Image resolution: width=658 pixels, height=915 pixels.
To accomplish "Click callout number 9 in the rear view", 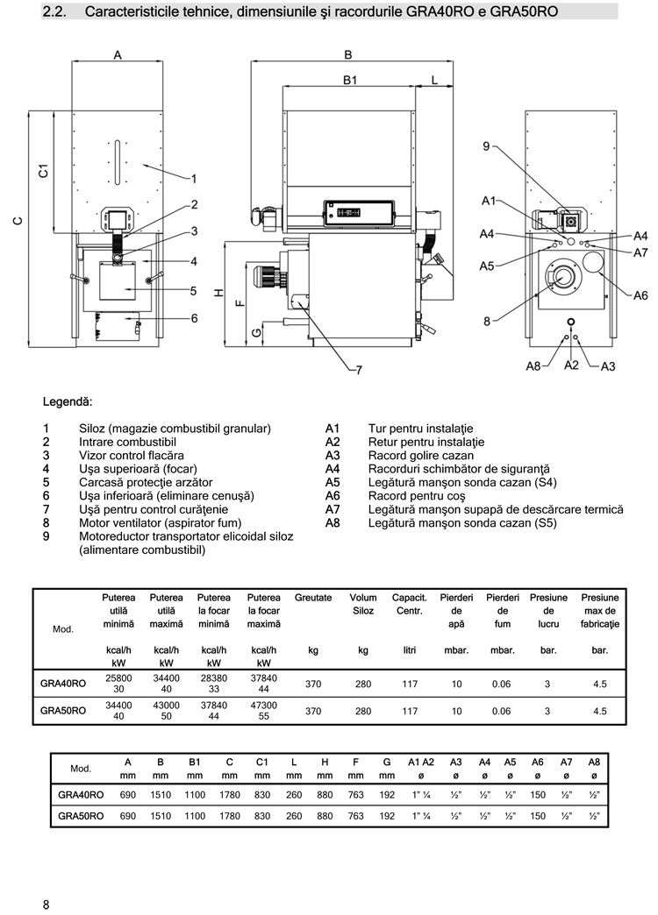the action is (x=486, y=145).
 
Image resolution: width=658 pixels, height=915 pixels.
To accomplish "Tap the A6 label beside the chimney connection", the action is (x=640, y=295).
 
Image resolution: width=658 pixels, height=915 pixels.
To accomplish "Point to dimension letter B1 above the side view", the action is (x=349, y=80).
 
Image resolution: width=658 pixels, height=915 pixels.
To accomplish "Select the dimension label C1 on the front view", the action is (x=43, y=171).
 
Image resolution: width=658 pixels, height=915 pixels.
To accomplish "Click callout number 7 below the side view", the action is (x=359, y=369).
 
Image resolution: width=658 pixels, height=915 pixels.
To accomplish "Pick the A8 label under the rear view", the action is (x=533, y=366).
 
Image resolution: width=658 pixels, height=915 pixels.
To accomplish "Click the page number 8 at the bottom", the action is (x=46, y=904).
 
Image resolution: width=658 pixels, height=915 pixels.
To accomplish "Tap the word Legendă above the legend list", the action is (x=68, y=402).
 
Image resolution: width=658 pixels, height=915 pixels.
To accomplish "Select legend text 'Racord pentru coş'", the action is (x=417, y=496).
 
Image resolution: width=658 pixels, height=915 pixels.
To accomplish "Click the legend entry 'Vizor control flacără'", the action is (x=132, y=455).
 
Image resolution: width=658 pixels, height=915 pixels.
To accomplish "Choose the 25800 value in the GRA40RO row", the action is (x=118, y=678).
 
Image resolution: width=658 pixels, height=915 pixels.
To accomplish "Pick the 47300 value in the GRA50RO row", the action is (x=263, y=705).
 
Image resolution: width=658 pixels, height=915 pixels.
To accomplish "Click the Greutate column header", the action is (x=313, y=598).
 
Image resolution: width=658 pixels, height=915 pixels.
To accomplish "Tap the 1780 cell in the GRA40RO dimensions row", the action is (x=230, y=795).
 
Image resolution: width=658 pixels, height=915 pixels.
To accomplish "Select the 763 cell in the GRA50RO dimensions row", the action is (x=356, y=816).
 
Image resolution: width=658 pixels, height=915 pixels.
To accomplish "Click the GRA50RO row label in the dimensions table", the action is (x=81, y=816).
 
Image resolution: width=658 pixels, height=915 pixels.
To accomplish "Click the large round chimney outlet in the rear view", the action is (x=592, y=261).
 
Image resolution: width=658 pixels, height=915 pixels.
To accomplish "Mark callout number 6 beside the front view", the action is (x=194, y=318).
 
